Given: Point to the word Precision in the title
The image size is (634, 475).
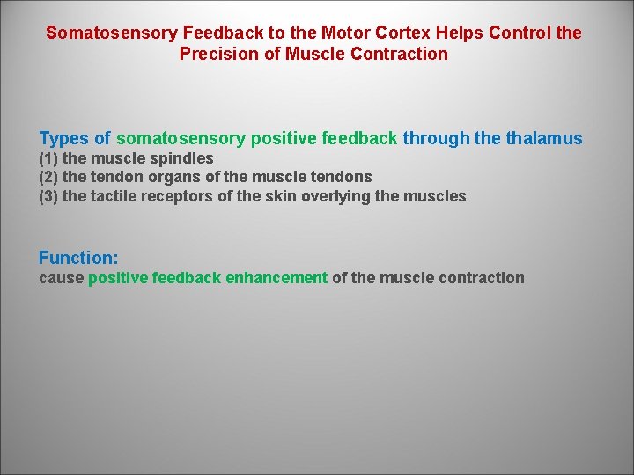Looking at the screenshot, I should [x=217, y=54].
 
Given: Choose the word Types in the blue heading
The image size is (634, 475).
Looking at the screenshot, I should [x=63, y=139].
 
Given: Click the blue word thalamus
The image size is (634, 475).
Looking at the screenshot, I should [x=543, y=139].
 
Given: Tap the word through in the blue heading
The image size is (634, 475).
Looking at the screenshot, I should [x=435, y=139].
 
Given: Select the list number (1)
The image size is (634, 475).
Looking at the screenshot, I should [x=48, y=158].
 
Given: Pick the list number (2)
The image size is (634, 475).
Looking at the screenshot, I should [x=48, y=177].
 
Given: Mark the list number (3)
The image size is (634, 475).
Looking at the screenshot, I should [x=48, y=196].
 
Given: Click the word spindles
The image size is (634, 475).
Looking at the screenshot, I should [x=182, y=158].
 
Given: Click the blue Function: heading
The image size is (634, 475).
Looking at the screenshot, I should [x=78, y=259].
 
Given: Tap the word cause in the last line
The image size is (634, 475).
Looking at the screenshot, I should [x=61, y=278].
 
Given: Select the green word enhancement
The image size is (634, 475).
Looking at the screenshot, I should [x=276, y=278].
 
